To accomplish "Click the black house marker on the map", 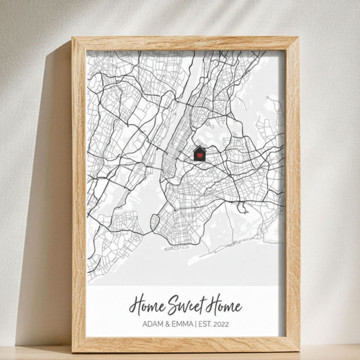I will click(199, 153).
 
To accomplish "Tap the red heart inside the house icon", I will click(199, 155).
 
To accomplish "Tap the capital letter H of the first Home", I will click(135, 303).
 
